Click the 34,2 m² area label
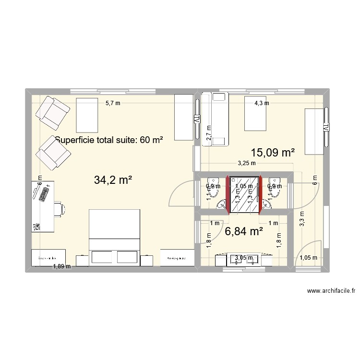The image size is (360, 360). coord(113,180)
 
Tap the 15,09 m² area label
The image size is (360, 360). coord(273,152)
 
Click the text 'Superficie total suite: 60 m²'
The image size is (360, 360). coord(109,140)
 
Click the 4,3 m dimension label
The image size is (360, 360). coord(262,102)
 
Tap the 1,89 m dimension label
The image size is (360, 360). coord(61,266)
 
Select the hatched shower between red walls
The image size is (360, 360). coord(243,193)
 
